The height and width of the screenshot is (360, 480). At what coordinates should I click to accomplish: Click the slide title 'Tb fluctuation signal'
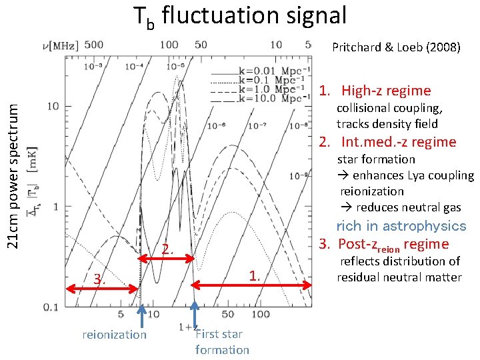[x=240, y=16]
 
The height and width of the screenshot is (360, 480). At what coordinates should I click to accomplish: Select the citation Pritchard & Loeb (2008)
[x=396, y=47]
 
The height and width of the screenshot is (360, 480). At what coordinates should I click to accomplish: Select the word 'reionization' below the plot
[x=114, y=335]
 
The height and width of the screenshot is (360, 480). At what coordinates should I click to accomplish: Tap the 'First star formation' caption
[x=222, y=342]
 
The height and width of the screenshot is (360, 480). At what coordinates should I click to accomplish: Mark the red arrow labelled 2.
[x=167, y=259]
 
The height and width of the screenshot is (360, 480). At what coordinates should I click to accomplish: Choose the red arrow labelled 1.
[x=253, y=285]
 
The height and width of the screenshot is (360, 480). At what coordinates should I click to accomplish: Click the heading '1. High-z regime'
[x=375, y=91]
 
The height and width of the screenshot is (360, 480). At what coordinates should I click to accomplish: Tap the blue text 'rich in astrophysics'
[x=401, y=226]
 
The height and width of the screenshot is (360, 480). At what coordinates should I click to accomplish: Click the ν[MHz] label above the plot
[x=59, y=45]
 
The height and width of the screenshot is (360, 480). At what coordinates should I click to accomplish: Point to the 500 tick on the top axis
[x=94, y=45]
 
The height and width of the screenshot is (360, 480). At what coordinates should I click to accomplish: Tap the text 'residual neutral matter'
[x=399, y=277]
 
